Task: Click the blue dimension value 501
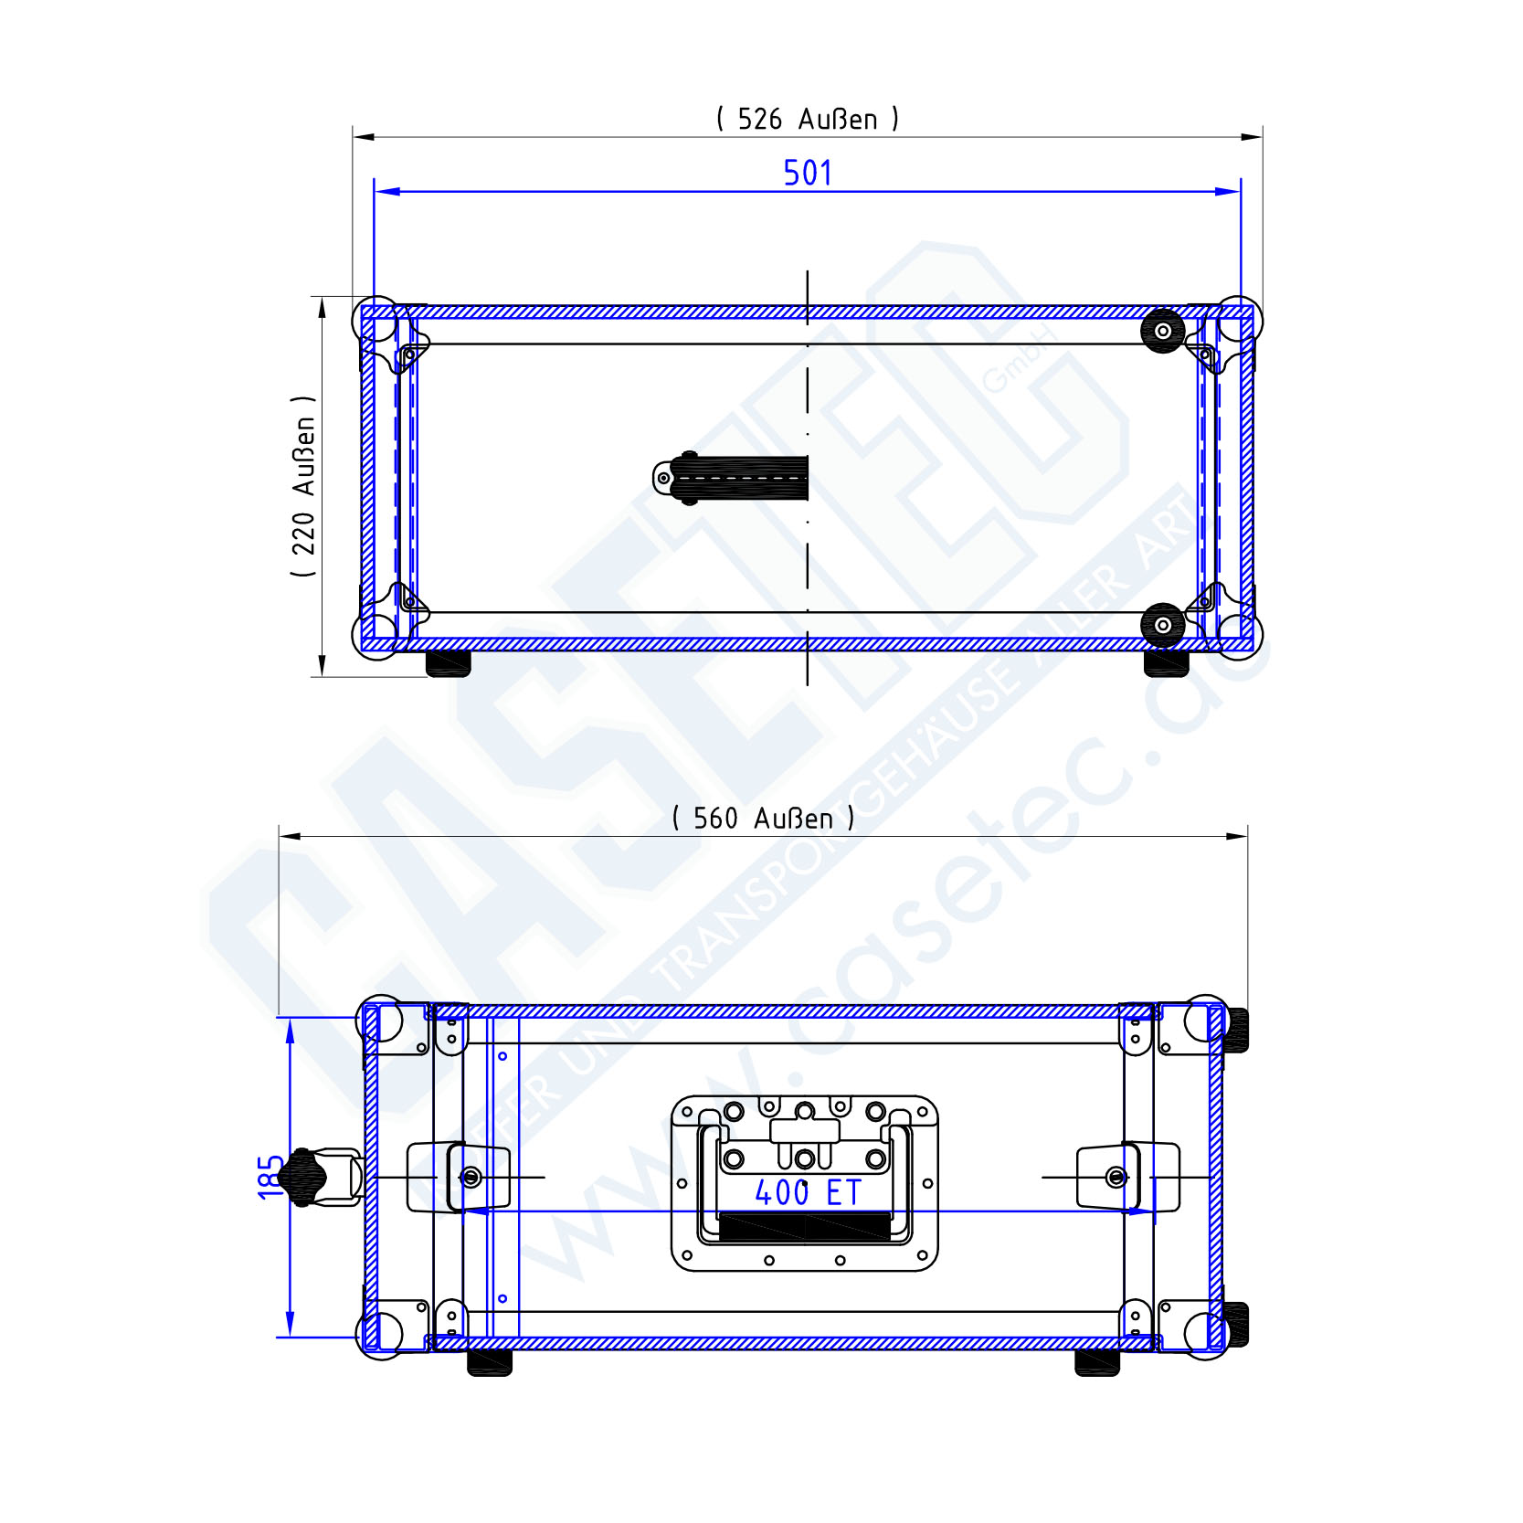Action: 808,173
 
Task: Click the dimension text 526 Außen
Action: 808,119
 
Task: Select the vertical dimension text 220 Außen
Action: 303,486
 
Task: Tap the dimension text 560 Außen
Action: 763,818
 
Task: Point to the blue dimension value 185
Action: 271,1177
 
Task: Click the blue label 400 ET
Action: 808,1192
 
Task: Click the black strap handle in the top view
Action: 731,478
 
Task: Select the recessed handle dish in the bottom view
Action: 805,1183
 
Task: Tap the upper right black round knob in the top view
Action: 1163,331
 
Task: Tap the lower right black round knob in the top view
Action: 1163,625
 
